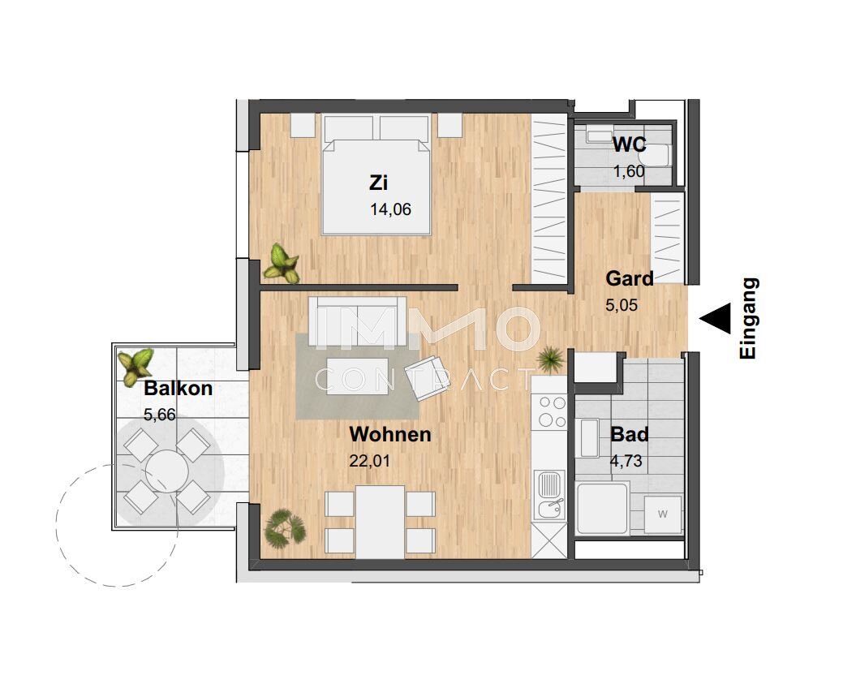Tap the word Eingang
[x=748, y=318]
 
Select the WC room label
[x=629, y=144]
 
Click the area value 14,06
[x=390, y=209]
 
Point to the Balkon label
[x=178, y=389]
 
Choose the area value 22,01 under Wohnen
[x=370, y=461]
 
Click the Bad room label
[x=630, y=434]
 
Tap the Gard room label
[x=630, y=278]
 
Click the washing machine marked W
[x=663, y=514]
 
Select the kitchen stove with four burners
[x=552, y=412]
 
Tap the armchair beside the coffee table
[x=427, y=376]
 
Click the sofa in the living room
[x=358, y=321]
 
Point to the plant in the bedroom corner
[x=282, y=264]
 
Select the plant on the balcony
[x=135, y=367]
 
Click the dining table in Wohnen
[x=380, y=522]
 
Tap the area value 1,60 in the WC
[x=629, y=171]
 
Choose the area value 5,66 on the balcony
[x=159, y=415]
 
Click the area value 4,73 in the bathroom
[x=626, y=461]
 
